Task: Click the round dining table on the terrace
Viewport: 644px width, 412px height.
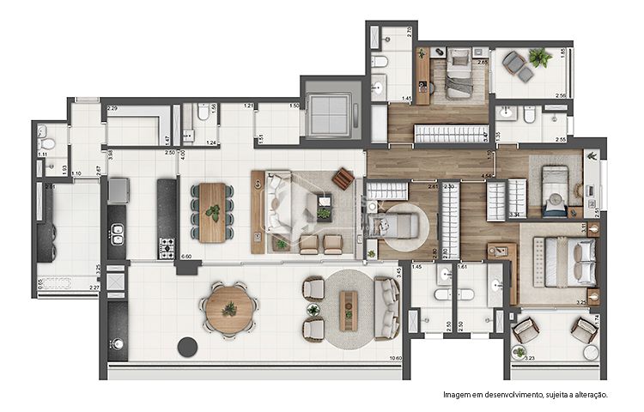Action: point(228,306)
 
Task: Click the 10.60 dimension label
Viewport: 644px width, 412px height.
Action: point(395,359)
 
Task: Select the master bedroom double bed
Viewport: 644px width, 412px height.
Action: point(569,261)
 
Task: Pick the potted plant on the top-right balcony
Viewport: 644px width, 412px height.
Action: point(540,58)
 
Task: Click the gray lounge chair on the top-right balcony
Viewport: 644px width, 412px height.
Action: point(514,63)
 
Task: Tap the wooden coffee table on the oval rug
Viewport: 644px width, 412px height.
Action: point(348,310)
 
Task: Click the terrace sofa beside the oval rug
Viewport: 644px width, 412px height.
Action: point(387,307)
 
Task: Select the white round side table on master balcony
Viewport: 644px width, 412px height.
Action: point(591,353)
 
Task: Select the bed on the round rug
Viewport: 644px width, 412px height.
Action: point(400,226)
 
